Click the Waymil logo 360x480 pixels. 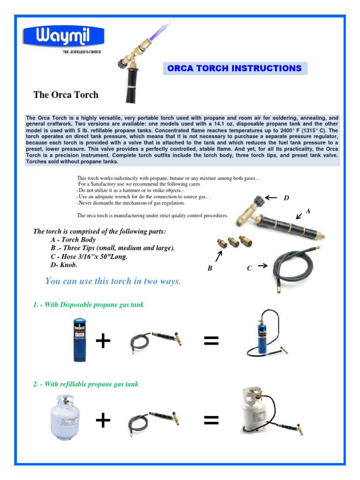coord(64,37)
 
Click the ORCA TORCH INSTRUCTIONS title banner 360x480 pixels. coord(234,68)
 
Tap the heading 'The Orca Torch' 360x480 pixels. coord(66,95)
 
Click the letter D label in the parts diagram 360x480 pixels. coord(286,198)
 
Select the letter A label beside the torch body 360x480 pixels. coord(307,211)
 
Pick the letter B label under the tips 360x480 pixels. coord(210,269)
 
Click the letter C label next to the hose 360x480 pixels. coord(249,268)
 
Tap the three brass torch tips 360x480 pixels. coord(231,242)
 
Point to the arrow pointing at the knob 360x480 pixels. coord(270,198)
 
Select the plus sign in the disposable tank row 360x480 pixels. coord(103,342)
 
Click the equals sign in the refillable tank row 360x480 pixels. coord(211,421)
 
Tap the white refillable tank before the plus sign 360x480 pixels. coord(67,420)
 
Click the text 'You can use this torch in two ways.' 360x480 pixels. coord(113,281)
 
